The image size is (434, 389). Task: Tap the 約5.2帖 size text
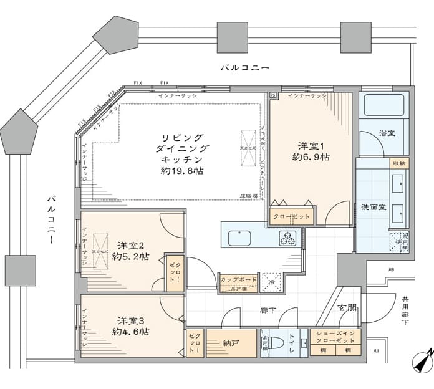(130, 256)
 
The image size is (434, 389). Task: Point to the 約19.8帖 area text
(181, 171)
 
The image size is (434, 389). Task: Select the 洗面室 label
(373, 207)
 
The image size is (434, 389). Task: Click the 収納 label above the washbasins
(399, 163)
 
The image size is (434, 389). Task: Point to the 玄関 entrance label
(348, 308)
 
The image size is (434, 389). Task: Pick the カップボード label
(238, 279)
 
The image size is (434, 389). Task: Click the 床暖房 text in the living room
(249, 196)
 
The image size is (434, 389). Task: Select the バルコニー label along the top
(244, 67)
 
